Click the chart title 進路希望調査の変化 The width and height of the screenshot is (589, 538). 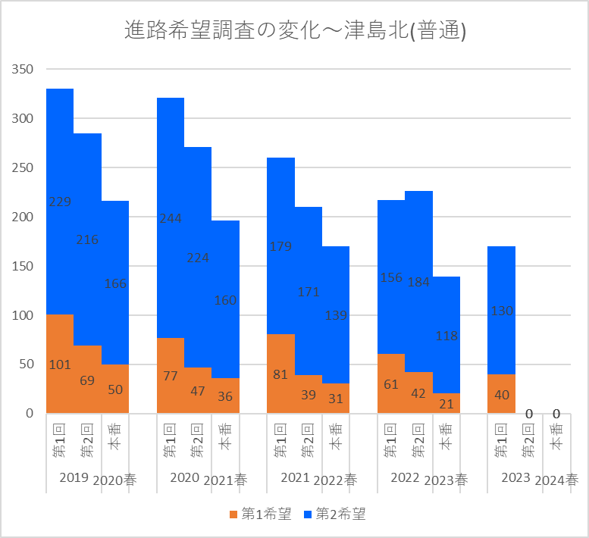point(294,31)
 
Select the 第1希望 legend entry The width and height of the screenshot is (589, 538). point(259,515)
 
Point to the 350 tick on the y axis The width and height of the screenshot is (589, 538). point(23,70)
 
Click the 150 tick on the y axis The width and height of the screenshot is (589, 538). point(23,266)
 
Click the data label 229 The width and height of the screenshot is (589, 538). point(60,202)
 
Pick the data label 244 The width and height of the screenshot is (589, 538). point(171,218)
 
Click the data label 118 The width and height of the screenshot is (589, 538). point(446,336)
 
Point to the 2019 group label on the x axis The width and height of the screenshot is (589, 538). point(74,478)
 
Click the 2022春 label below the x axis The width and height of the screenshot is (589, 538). point(336,480)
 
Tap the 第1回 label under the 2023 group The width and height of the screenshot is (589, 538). point(501,439)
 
